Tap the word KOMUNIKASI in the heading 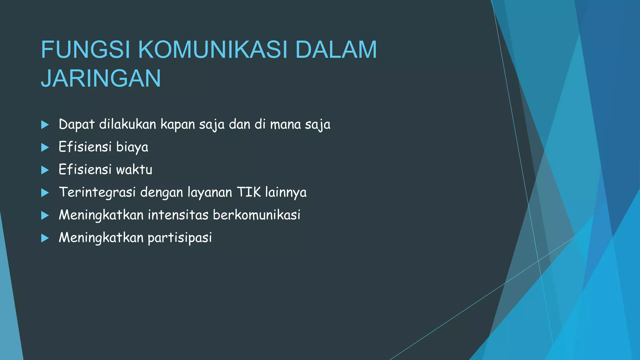tap(212, 50)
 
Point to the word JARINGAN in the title tap(101, 78)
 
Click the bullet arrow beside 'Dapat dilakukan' tap(45, 125)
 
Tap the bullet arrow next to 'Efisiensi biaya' tap(45, 147)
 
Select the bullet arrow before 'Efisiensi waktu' tap(45, 170)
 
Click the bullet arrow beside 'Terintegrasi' tap(45, 192)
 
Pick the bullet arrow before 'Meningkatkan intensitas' tap(45, 215)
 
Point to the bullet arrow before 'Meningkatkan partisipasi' tap(45, 238)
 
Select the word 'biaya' tap(132, 147)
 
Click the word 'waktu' tap(134, 170)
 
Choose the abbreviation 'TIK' tap(249, 192)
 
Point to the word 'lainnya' tap(286, 192)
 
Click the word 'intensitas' tap(178, 215)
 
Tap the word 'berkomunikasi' tap(257, 215)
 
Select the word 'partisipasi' tap(180, 238)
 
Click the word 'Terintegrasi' tap(97, 192)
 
